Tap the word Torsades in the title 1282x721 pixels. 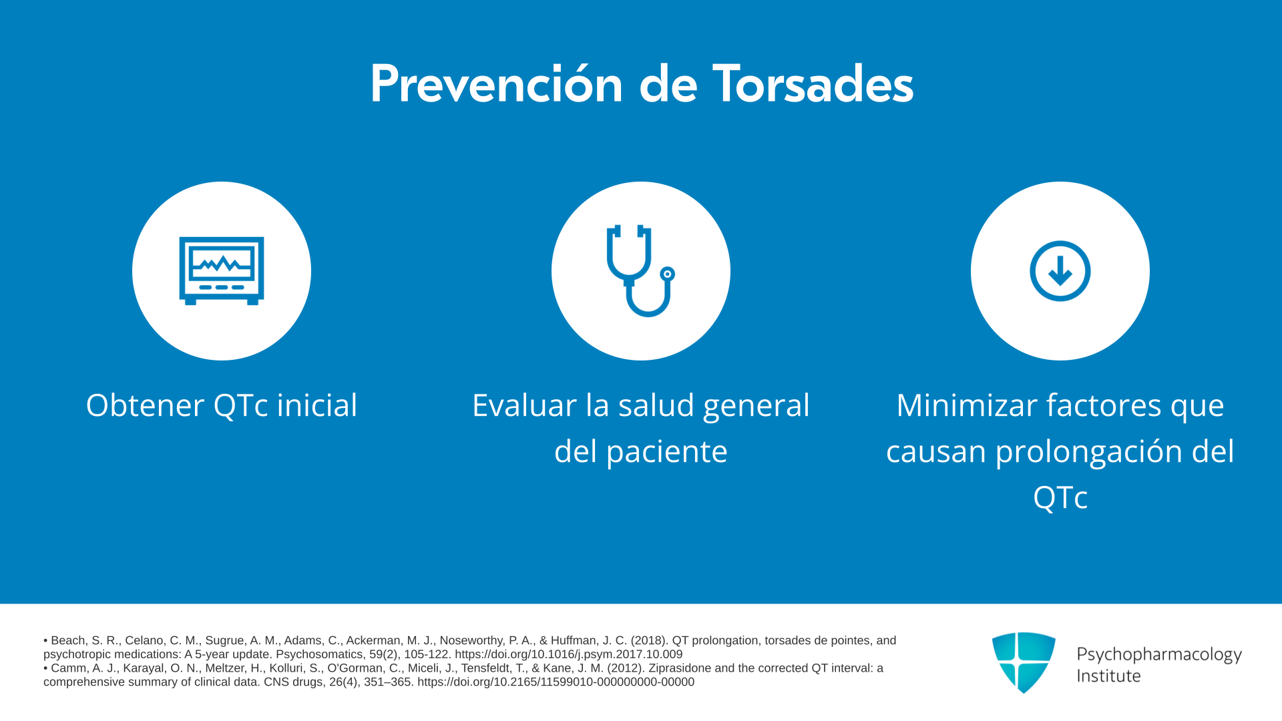[813, 84]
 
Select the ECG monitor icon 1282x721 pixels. [222, 271]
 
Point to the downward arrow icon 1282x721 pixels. [1060, 271]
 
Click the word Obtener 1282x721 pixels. [146, 405]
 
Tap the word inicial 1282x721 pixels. [317, 405]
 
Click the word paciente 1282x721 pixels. [667, 452]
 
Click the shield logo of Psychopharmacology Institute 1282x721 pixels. [1024, 662]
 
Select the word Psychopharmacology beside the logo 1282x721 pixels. [1159, 655]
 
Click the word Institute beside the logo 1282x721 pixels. [1108, 676]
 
